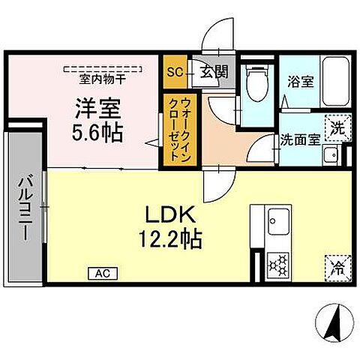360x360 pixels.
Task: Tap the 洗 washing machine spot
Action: [x=338, y=127]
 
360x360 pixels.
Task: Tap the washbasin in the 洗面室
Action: [x=331, y=155]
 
